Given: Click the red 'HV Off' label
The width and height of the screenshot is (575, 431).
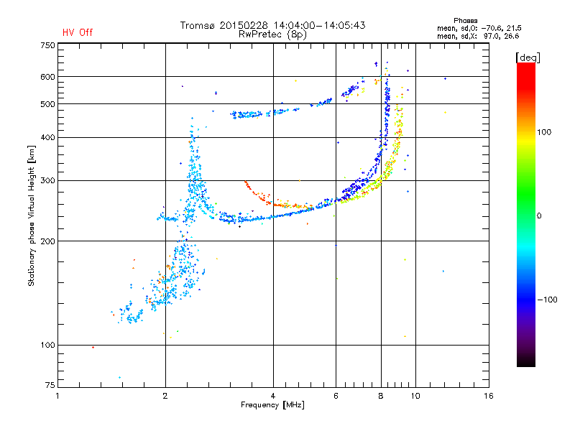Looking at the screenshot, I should click(x=78, y=32).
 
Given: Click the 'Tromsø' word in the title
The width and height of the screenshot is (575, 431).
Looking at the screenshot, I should click(x=200, y=25).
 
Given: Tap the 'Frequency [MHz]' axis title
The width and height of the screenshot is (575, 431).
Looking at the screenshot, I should click(x=273, y=406).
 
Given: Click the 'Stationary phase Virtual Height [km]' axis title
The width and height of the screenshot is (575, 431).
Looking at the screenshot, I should click(x=32, y=215).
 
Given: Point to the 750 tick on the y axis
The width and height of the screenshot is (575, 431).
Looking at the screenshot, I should click(x=47, y=45).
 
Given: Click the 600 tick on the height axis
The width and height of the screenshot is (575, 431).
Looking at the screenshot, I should click(x=47, y=76).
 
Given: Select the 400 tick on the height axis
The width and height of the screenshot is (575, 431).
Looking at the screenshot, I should click(x=47, y=137).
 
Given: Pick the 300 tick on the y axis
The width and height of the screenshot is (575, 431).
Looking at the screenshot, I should click(x=47, y=180).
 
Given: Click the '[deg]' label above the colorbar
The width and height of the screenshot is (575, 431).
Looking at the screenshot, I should click(x=528, y=57).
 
